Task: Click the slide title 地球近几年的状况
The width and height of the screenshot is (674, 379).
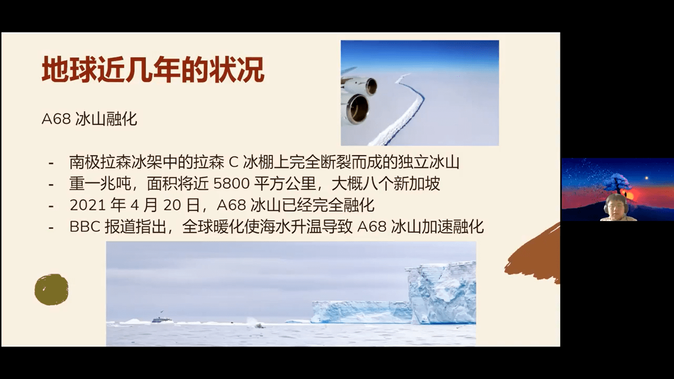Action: pos(153,70)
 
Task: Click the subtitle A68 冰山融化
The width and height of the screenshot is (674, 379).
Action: pos(89,119)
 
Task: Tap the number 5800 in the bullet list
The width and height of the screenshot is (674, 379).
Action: pos(231,183)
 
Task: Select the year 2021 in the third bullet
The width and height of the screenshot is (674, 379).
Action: pos(88,205)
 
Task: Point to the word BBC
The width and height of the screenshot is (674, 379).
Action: pos(85,227)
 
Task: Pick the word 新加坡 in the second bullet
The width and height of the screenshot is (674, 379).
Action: pos(417,183)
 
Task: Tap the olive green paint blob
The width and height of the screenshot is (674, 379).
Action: pos(51,290)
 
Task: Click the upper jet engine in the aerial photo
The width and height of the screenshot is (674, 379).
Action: pos(371,86)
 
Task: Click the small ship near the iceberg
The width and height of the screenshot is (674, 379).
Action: pos(163,320)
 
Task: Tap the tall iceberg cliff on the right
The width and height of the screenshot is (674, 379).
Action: pos(441,293)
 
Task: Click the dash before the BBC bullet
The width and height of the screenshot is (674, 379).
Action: pos(51,228)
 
